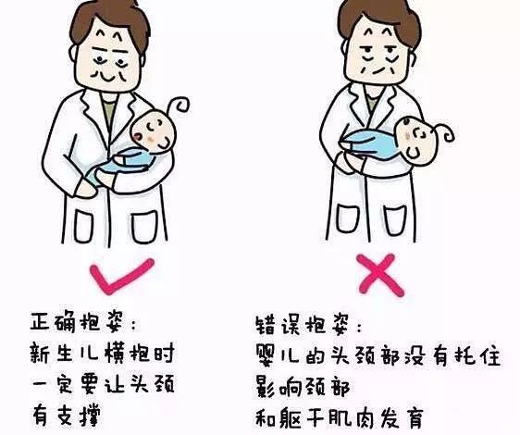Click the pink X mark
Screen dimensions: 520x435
381,275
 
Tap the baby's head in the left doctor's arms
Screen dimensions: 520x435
154,131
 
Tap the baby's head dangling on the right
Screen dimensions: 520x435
416,140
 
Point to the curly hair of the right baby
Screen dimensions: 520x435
446,131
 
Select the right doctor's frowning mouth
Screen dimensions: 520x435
379,70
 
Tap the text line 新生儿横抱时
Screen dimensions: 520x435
102,353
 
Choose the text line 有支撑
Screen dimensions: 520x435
66,415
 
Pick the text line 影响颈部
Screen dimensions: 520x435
303,387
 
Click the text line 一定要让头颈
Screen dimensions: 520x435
103,384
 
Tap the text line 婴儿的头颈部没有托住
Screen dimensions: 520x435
378,356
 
